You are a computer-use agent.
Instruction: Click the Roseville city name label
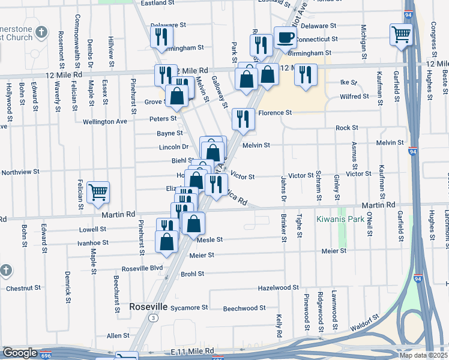pos(149,306)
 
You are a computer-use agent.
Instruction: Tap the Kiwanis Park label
pos(340,219)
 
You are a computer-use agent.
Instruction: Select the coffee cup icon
pos(285,37)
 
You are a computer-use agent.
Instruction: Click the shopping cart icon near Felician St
pos(98,192)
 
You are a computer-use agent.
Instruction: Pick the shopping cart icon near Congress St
pos(400,34)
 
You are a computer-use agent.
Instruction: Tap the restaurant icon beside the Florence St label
pos(243,119)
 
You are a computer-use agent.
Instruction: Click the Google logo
pos(19,353)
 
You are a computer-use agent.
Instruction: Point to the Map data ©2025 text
pos(423,355)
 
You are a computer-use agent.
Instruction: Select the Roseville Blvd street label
pos(142,268)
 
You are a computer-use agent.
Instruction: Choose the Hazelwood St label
pos(278,288)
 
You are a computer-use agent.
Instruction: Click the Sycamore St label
pos(188,307)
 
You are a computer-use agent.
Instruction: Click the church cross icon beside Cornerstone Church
pos(41,31)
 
